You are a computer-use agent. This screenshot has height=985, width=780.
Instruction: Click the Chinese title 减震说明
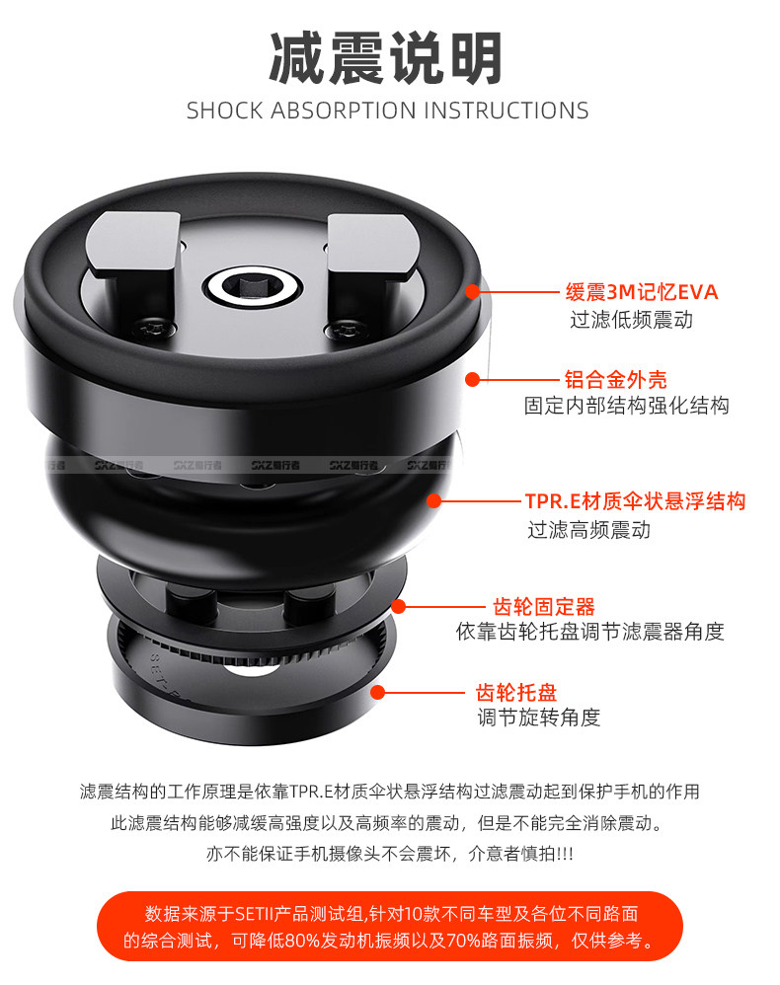[386, 57]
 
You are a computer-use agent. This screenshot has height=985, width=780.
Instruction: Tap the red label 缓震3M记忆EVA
[641, 292]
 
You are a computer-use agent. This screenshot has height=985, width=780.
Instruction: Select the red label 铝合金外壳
[615, 379]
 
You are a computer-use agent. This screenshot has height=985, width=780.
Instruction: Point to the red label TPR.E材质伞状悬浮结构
[636, 501]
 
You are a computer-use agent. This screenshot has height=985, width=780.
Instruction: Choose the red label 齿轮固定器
[544, 607]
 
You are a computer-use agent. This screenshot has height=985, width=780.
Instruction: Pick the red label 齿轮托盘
[516, 692]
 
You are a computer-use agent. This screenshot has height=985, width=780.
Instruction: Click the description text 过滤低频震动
[631, 320]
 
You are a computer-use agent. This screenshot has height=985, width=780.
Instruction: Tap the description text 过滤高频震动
[588, 530]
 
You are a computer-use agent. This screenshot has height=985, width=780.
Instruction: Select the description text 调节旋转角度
[539, 717]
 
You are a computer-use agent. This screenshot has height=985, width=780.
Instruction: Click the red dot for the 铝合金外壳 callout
[473, 379]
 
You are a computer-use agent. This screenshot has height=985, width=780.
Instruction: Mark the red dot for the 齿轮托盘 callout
[377, 692]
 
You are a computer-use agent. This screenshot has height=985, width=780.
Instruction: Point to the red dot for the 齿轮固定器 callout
[399, 606]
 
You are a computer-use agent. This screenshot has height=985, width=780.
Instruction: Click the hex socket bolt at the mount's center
[254, 288]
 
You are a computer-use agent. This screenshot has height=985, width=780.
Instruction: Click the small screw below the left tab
[151, 328]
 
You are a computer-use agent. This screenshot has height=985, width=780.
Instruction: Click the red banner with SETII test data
[390, 926]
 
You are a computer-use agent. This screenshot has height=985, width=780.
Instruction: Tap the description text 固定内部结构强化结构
[627, 406]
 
